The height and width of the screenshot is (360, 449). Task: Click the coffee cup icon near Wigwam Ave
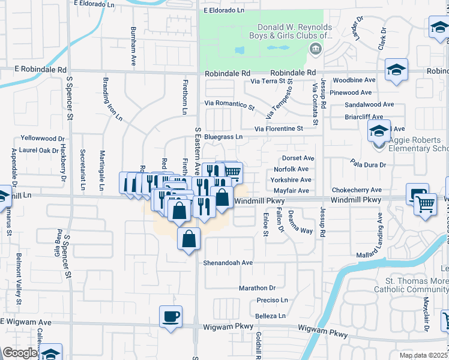pos(170,316)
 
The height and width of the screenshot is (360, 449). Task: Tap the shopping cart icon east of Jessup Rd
pos(425,204)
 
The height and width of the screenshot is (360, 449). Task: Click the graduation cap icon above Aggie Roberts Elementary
pos(379,130)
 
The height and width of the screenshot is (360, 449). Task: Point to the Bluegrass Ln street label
pos(223,137)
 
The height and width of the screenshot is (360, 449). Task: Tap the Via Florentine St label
pos(279,128)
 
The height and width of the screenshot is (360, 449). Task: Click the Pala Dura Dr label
pos(369,163)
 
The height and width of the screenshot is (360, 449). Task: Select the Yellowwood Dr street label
pos(43,138)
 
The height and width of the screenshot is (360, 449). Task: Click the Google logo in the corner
pos(20,353)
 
